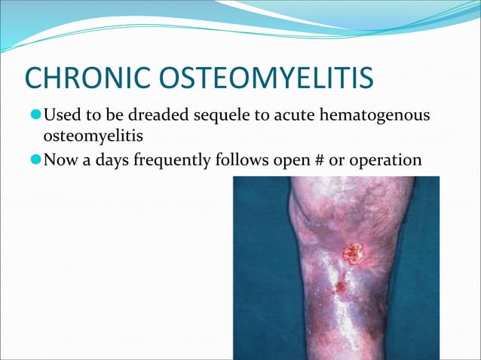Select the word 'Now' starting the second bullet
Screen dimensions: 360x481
(x=59, y=160)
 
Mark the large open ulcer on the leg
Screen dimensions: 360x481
(x=351, y=254)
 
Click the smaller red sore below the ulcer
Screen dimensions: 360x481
(x=340, y=286)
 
